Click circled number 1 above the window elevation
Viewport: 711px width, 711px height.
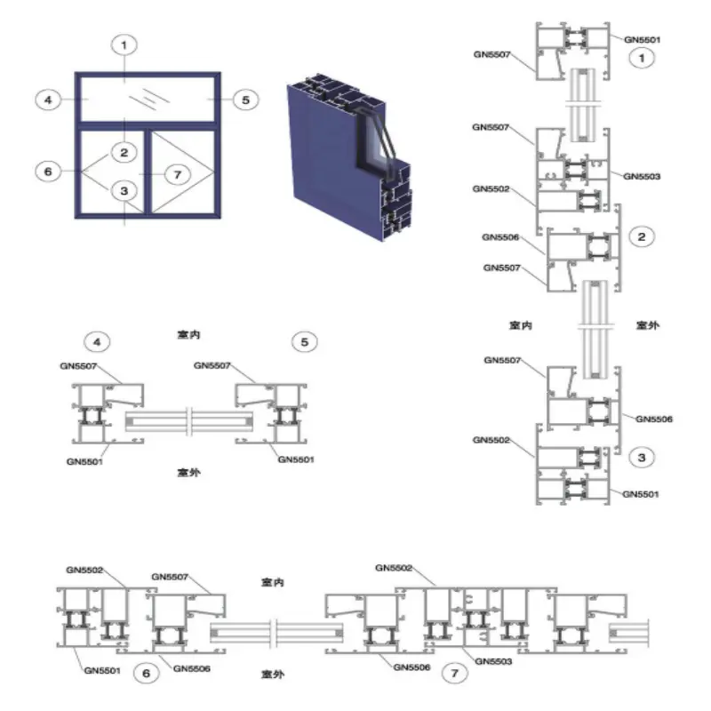(x=124, y=45)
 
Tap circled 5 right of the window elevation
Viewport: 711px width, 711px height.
(x=246, y=100)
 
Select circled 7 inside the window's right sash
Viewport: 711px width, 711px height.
(x=177, y=174)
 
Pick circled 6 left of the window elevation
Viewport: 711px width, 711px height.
(x=48, y=172)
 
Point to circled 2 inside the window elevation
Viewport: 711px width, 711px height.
(x=124, y=152)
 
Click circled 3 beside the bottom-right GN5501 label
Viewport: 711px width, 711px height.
(x=642, y=458)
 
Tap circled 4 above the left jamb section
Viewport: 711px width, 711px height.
(x=97, y=342)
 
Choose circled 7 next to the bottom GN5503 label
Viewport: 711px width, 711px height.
(x=455, y=673)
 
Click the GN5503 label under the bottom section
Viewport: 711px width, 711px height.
(x=493, y=661)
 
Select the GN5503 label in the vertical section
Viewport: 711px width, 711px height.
(x=642, y=176)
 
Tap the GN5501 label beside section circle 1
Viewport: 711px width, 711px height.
(x=642, y=40)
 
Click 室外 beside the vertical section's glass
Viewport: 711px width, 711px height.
(x=648, y=325)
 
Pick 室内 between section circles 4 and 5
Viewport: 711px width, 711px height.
(x=188, y=335)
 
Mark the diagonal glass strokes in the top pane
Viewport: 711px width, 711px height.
(x=149, y=100)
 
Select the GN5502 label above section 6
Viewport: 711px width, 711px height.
(x=84, y=570)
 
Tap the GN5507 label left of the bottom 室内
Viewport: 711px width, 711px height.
(x=170, y=577)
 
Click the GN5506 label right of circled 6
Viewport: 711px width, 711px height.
(x=192, y=668)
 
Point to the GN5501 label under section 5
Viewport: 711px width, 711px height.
(x=296, y=459)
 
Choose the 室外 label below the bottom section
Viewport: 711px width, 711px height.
(x=273, y=675)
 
